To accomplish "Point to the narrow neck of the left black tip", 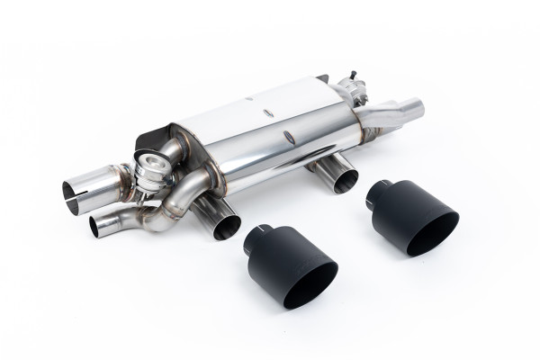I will [x=255, y=235].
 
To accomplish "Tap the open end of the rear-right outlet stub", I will [x=345, y=181].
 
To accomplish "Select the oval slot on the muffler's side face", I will [x=287, y=138].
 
